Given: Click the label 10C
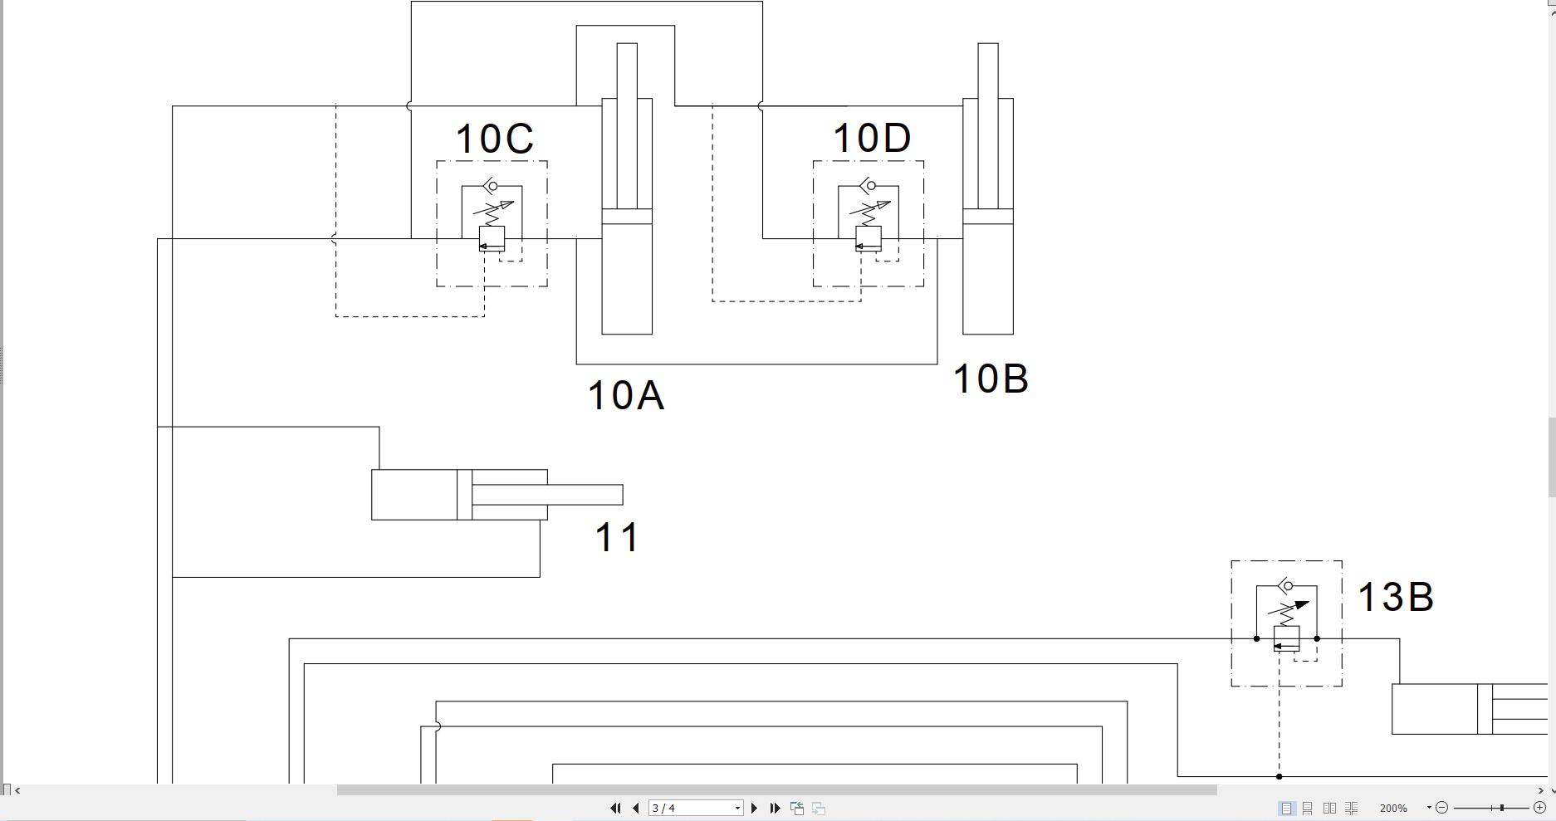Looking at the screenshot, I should click(x=494, y=139).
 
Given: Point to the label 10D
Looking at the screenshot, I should click(x=871, y=139).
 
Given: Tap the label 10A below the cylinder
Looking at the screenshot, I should click(x=625, y=396).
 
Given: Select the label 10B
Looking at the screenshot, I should click(x=991, y=379).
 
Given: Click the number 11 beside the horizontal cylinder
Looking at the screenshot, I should click(x=618, y=538).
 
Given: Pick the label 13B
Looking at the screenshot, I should click(x=1395, y=598).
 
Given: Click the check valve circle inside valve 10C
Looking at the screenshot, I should click(x=495, y=186).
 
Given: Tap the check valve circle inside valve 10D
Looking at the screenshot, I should click(x=871, y=186).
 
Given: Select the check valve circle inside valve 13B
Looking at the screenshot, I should click(x=1289, y=586).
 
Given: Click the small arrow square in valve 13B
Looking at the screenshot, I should click(x=1286, y=638).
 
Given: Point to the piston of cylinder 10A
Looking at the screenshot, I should click(x=627, y=217).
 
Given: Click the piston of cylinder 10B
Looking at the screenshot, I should click(x=988, y=217).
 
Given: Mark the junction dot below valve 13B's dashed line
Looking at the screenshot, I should click(x=1279, y=776).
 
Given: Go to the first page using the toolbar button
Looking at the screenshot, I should click(x=615, y=808).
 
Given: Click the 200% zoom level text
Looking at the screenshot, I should click(x=1393, y=808).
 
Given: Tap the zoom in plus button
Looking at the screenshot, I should click(x=1539, y=807).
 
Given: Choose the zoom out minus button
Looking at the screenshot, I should click(x=1442, y=807).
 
